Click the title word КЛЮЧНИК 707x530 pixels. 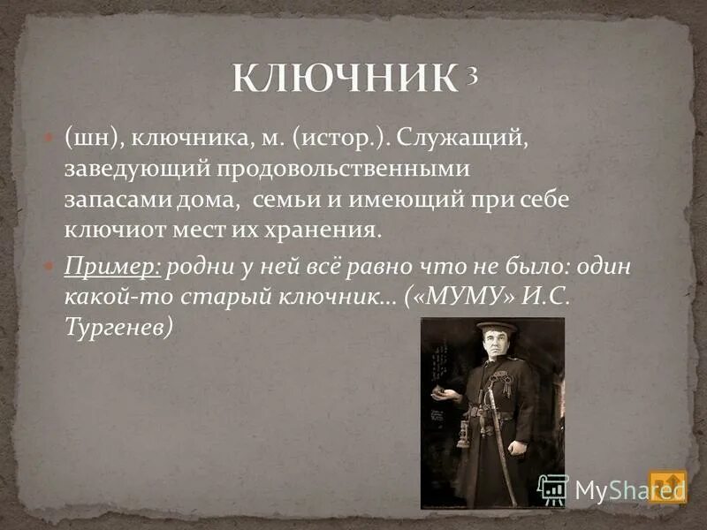(345, 80)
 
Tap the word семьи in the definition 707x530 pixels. (282, 199)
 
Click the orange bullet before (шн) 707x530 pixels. (49, 139)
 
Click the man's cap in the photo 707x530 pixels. (497, 328)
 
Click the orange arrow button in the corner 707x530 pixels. (667, 485)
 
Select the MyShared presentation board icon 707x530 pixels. (552, 489)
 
